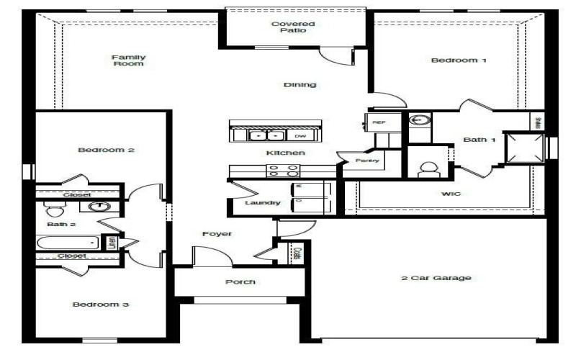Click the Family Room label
(129, 60)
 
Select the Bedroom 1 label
(459, 60)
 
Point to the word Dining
(300, 85)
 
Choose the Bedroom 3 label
(101, 305)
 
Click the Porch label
(240, 282)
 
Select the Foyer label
(216, 234)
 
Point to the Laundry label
(261, 203)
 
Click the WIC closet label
(451, 194)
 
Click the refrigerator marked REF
(379, 123)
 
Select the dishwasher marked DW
(300, 135)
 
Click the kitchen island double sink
(266, 135)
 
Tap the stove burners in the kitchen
(283, 171)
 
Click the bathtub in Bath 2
(68, 242)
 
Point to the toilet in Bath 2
(53, 209)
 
